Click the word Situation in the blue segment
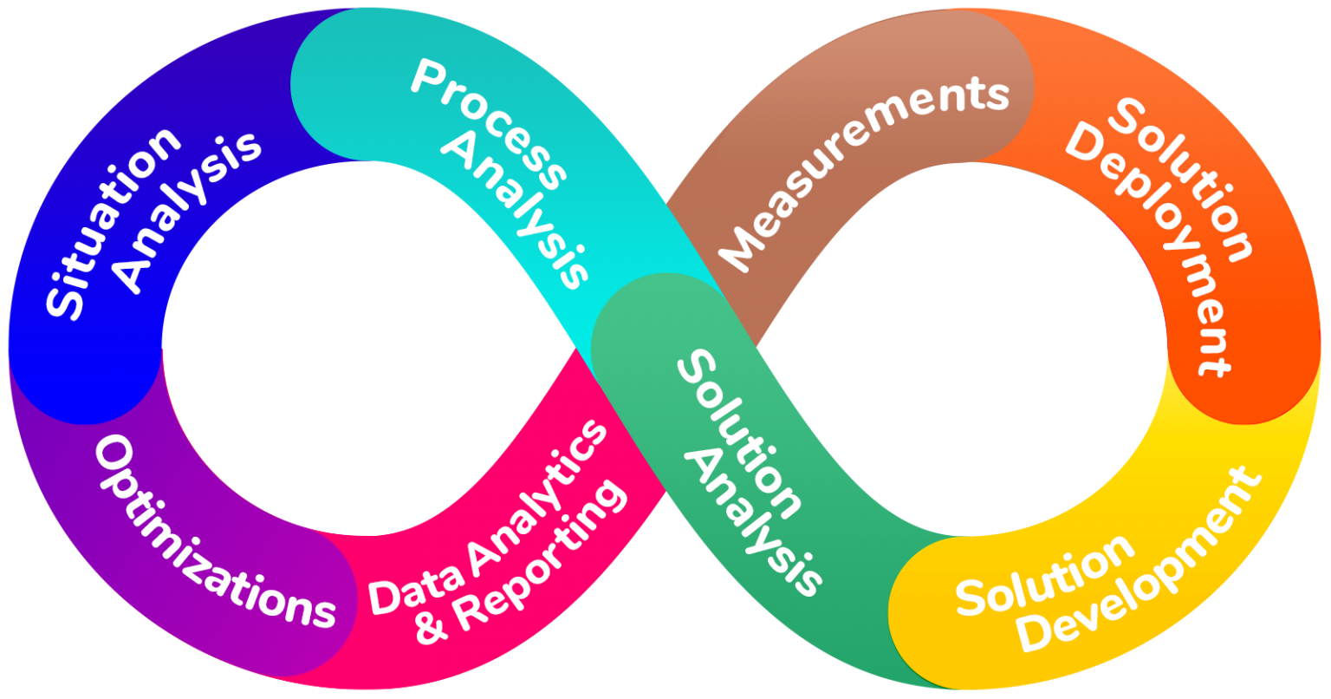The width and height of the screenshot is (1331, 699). pyautogui.click(x=114, y=224)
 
